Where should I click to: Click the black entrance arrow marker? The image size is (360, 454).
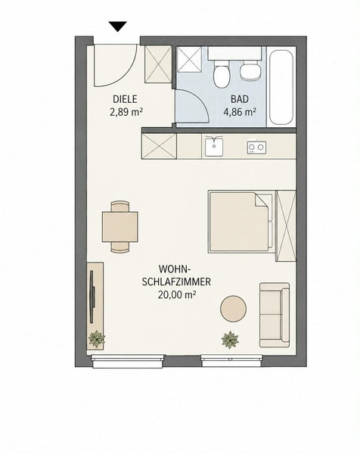pos(118,26)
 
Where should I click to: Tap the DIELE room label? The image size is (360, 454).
pos(125,99)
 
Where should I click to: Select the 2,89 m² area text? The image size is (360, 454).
pos(126,112)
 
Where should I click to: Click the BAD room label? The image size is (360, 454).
pos(240,99)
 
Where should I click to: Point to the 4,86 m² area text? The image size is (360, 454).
pos(240,112)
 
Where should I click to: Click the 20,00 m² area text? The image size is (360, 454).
pos(177,294)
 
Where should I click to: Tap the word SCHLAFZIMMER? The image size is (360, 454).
pos(176,281)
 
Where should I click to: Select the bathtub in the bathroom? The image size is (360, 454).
pos(281,88)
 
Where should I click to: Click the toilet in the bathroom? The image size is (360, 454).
pos(222,74)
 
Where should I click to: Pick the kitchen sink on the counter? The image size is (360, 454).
pos(214,146)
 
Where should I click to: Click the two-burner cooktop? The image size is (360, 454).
pos(256,148)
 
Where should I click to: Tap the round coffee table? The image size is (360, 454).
pos(233,309)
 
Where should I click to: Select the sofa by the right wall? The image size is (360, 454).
pos(275,315)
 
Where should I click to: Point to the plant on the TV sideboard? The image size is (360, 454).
pos(97,339)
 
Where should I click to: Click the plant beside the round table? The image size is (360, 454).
pos(230,340)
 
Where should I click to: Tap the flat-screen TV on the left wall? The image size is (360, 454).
pos(92,297)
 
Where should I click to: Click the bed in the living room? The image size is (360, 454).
pos(241,222)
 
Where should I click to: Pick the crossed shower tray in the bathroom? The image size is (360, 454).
pos(189,59)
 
